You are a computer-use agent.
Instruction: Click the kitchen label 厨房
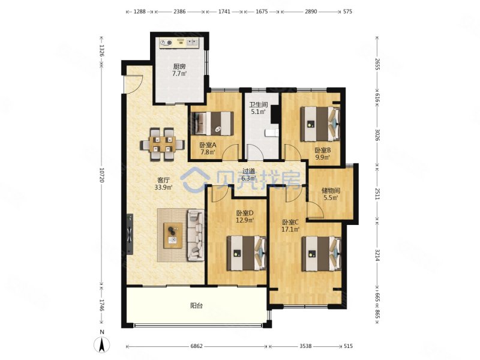(x=179, y=67)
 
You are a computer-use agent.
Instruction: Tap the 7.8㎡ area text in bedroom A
(x=207, y=152)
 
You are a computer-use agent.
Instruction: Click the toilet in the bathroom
(x=272, y=133)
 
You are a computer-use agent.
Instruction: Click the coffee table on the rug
(x=173, y=235)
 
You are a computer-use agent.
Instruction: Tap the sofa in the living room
(x=196, y=235)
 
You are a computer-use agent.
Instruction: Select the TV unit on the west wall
(x=130, y=234)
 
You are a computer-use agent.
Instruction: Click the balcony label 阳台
(x=196, y=305)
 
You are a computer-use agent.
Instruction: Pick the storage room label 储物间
(x=331, y=191)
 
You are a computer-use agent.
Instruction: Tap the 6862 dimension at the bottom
(x=196, y=346)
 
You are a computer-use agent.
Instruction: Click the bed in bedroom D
(x=247, y=253)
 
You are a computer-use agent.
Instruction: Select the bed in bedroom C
(x=322, y=253)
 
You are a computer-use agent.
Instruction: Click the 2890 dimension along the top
(x=310, y=11)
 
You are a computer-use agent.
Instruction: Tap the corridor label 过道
(x=248, y=172)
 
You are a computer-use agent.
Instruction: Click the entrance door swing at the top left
(x=134, y=84)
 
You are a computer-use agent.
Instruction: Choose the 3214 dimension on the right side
(x=377, y=255)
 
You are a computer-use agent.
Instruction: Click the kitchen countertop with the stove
(x=179, y=43)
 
